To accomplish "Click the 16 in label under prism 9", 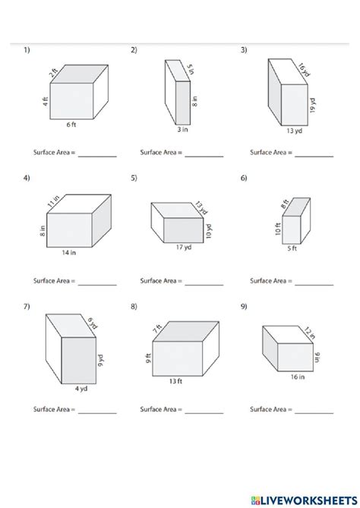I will (x=296, y=376).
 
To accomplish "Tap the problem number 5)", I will (x=134, y=179).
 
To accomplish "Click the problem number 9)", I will (x=244, y=306).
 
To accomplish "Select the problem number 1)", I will (x=27, y=51).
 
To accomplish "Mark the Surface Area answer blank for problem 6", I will (x=314, y=282).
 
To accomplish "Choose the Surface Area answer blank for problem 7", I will (x=97, y=412).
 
